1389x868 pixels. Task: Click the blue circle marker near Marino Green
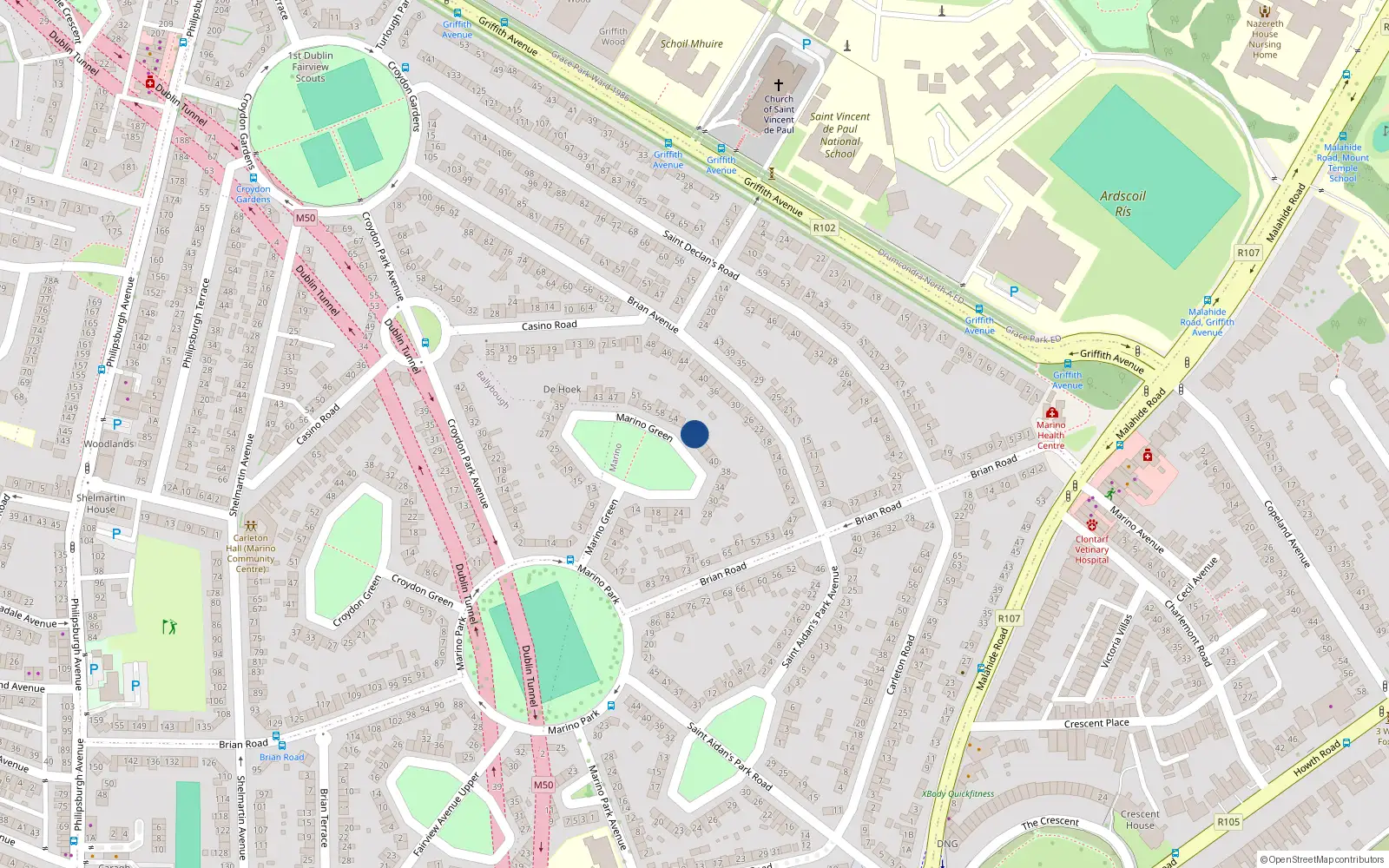point(694,434)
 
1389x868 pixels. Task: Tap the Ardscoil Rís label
point(1122,203)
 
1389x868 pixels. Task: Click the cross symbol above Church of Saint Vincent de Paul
point(779,85)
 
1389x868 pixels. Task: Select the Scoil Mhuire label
point(691,43)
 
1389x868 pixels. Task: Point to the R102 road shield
point(824,227)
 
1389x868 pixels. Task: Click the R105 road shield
point(1228,821)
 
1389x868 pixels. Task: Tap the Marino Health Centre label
point(1050,435)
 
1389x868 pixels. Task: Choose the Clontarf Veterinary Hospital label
point(1091,549)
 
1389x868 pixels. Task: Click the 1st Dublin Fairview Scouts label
point(310,67)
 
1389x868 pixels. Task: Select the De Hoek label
point(562,389)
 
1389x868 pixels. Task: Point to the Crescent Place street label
point(1096,723)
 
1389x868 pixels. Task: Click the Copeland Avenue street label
point(1286,534)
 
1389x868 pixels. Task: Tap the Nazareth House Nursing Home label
point(1265,39)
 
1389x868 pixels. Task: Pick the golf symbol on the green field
point(169,626)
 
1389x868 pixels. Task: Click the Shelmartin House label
point(101,503)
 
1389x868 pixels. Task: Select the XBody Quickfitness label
point(958,793)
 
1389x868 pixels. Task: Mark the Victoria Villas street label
point(1117,641)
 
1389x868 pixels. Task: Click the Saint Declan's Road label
point(700,254)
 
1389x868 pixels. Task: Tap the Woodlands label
point(109,444)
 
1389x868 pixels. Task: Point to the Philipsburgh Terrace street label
point(196,322)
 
